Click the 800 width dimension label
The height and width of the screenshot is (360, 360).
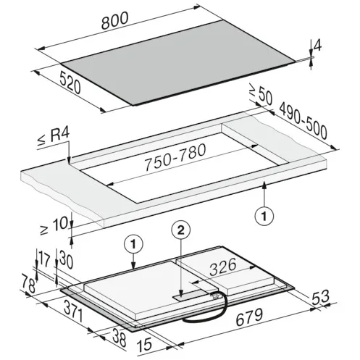click(114, 21)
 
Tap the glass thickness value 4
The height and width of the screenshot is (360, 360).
click(317, 45)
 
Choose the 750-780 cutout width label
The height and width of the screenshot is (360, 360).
click(175, 157)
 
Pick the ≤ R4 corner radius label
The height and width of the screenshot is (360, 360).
click(54, 137)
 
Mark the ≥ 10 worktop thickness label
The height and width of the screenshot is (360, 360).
click(54, 226)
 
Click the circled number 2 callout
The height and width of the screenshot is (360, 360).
click(181, 230)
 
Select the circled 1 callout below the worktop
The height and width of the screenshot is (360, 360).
click(264, 216)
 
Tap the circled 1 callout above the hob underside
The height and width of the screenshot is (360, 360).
click(133, 244)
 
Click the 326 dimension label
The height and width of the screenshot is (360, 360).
click(222, 267)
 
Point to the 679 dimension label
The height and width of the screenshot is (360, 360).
click(249, 317)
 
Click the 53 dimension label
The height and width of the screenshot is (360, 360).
click(321, 298)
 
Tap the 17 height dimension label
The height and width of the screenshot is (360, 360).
click(43, 259)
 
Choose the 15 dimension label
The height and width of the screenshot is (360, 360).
click(145, 344)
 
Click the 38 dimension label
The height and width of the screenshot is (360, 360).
click(120, 338)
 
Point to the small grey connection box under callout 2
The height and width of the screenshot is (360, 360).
click(190, 295)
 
